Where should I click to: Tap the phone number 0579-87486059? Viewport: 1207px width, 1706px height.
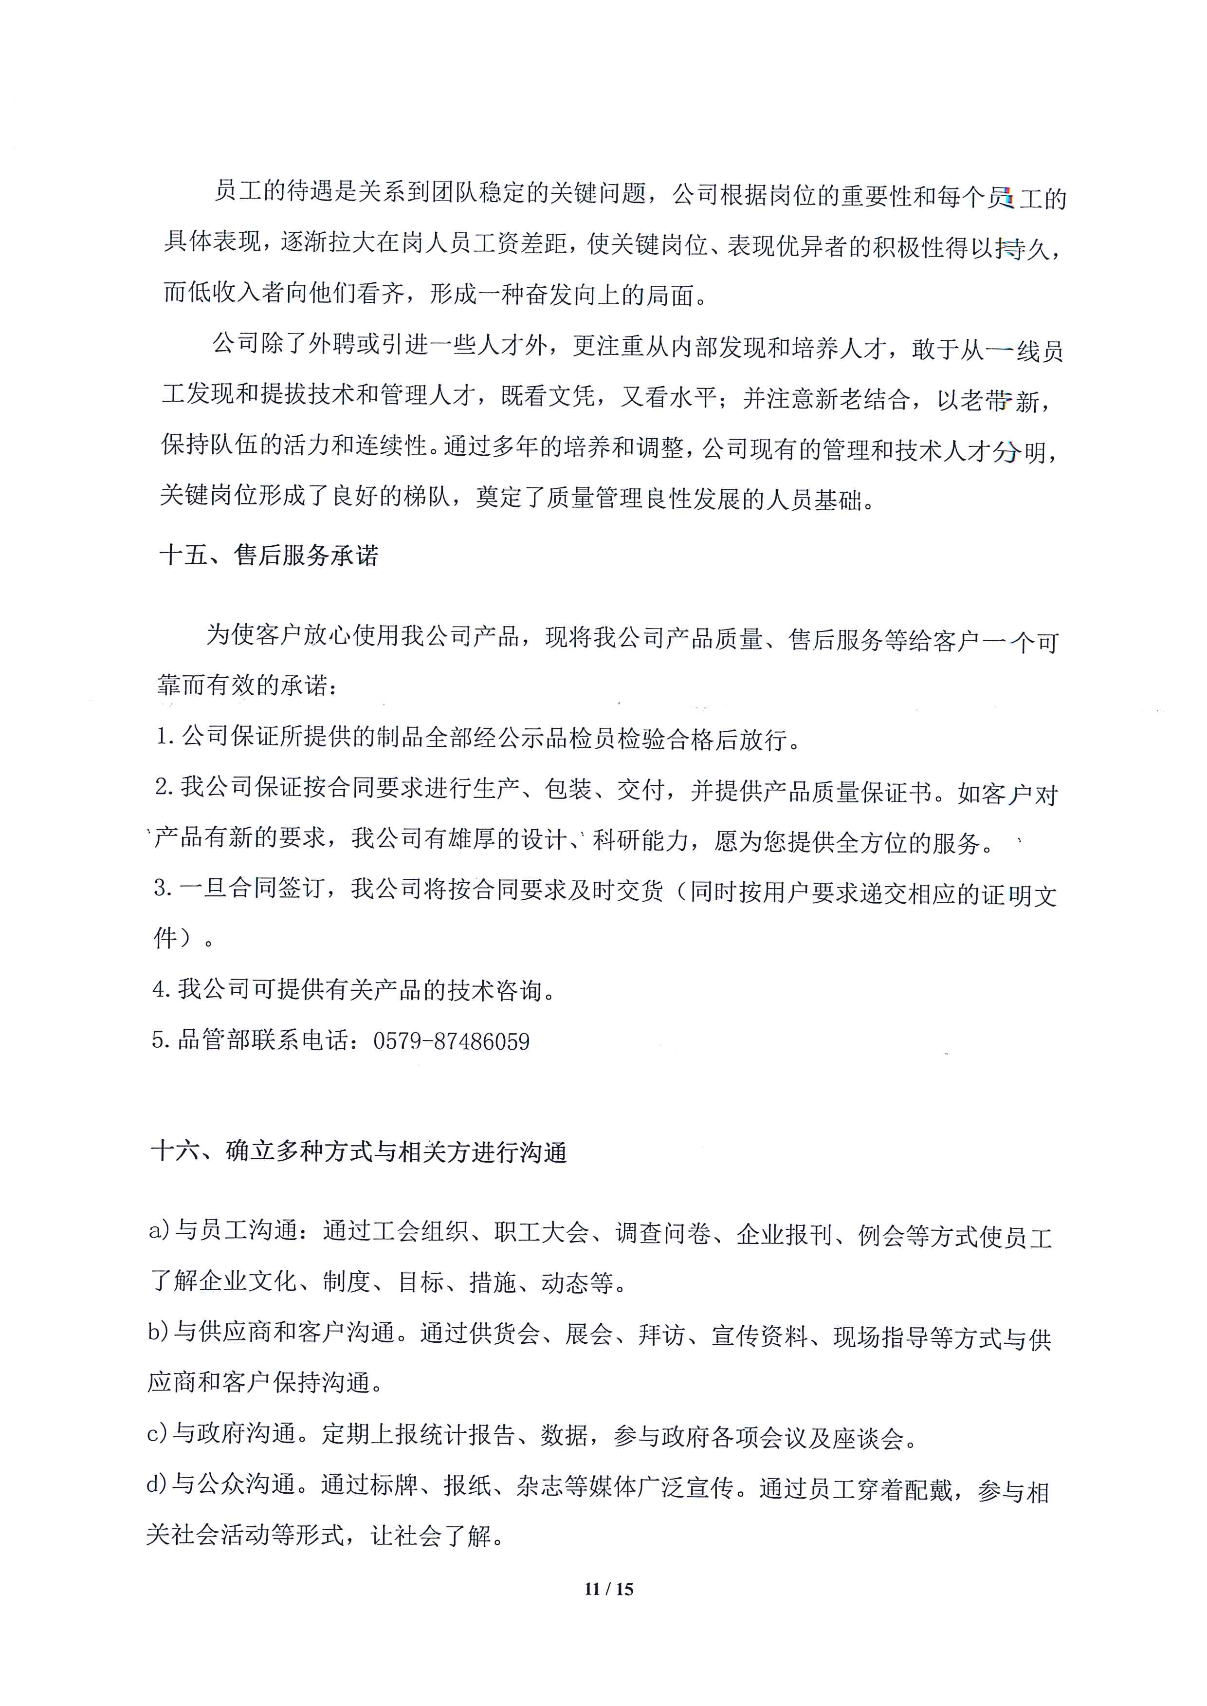[451, 1041]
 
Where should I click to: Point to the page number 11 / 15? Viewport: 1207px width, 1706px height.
[609, 1589]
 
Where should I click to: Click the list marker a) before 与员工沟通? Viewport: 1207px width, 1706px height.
[159, 1231]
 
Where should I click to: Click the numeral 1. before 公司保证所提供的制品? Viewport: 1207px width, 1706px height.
[166, 737]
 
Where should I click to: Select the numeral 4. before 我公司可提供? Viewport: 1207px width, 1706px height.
[162, 989]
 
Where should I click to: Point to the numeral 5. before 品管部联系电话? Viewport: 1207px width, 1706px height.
[161, 1040]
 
